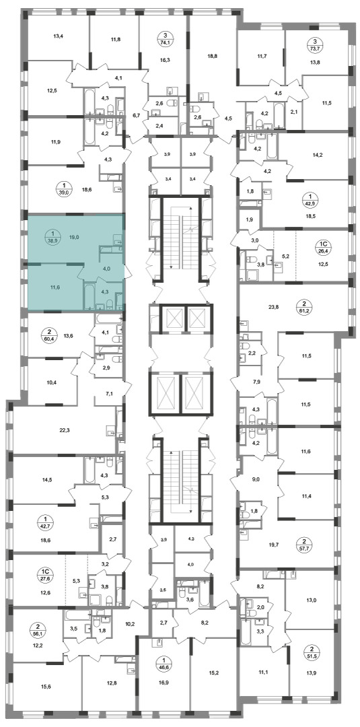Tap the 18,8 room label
pos(212,55)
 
